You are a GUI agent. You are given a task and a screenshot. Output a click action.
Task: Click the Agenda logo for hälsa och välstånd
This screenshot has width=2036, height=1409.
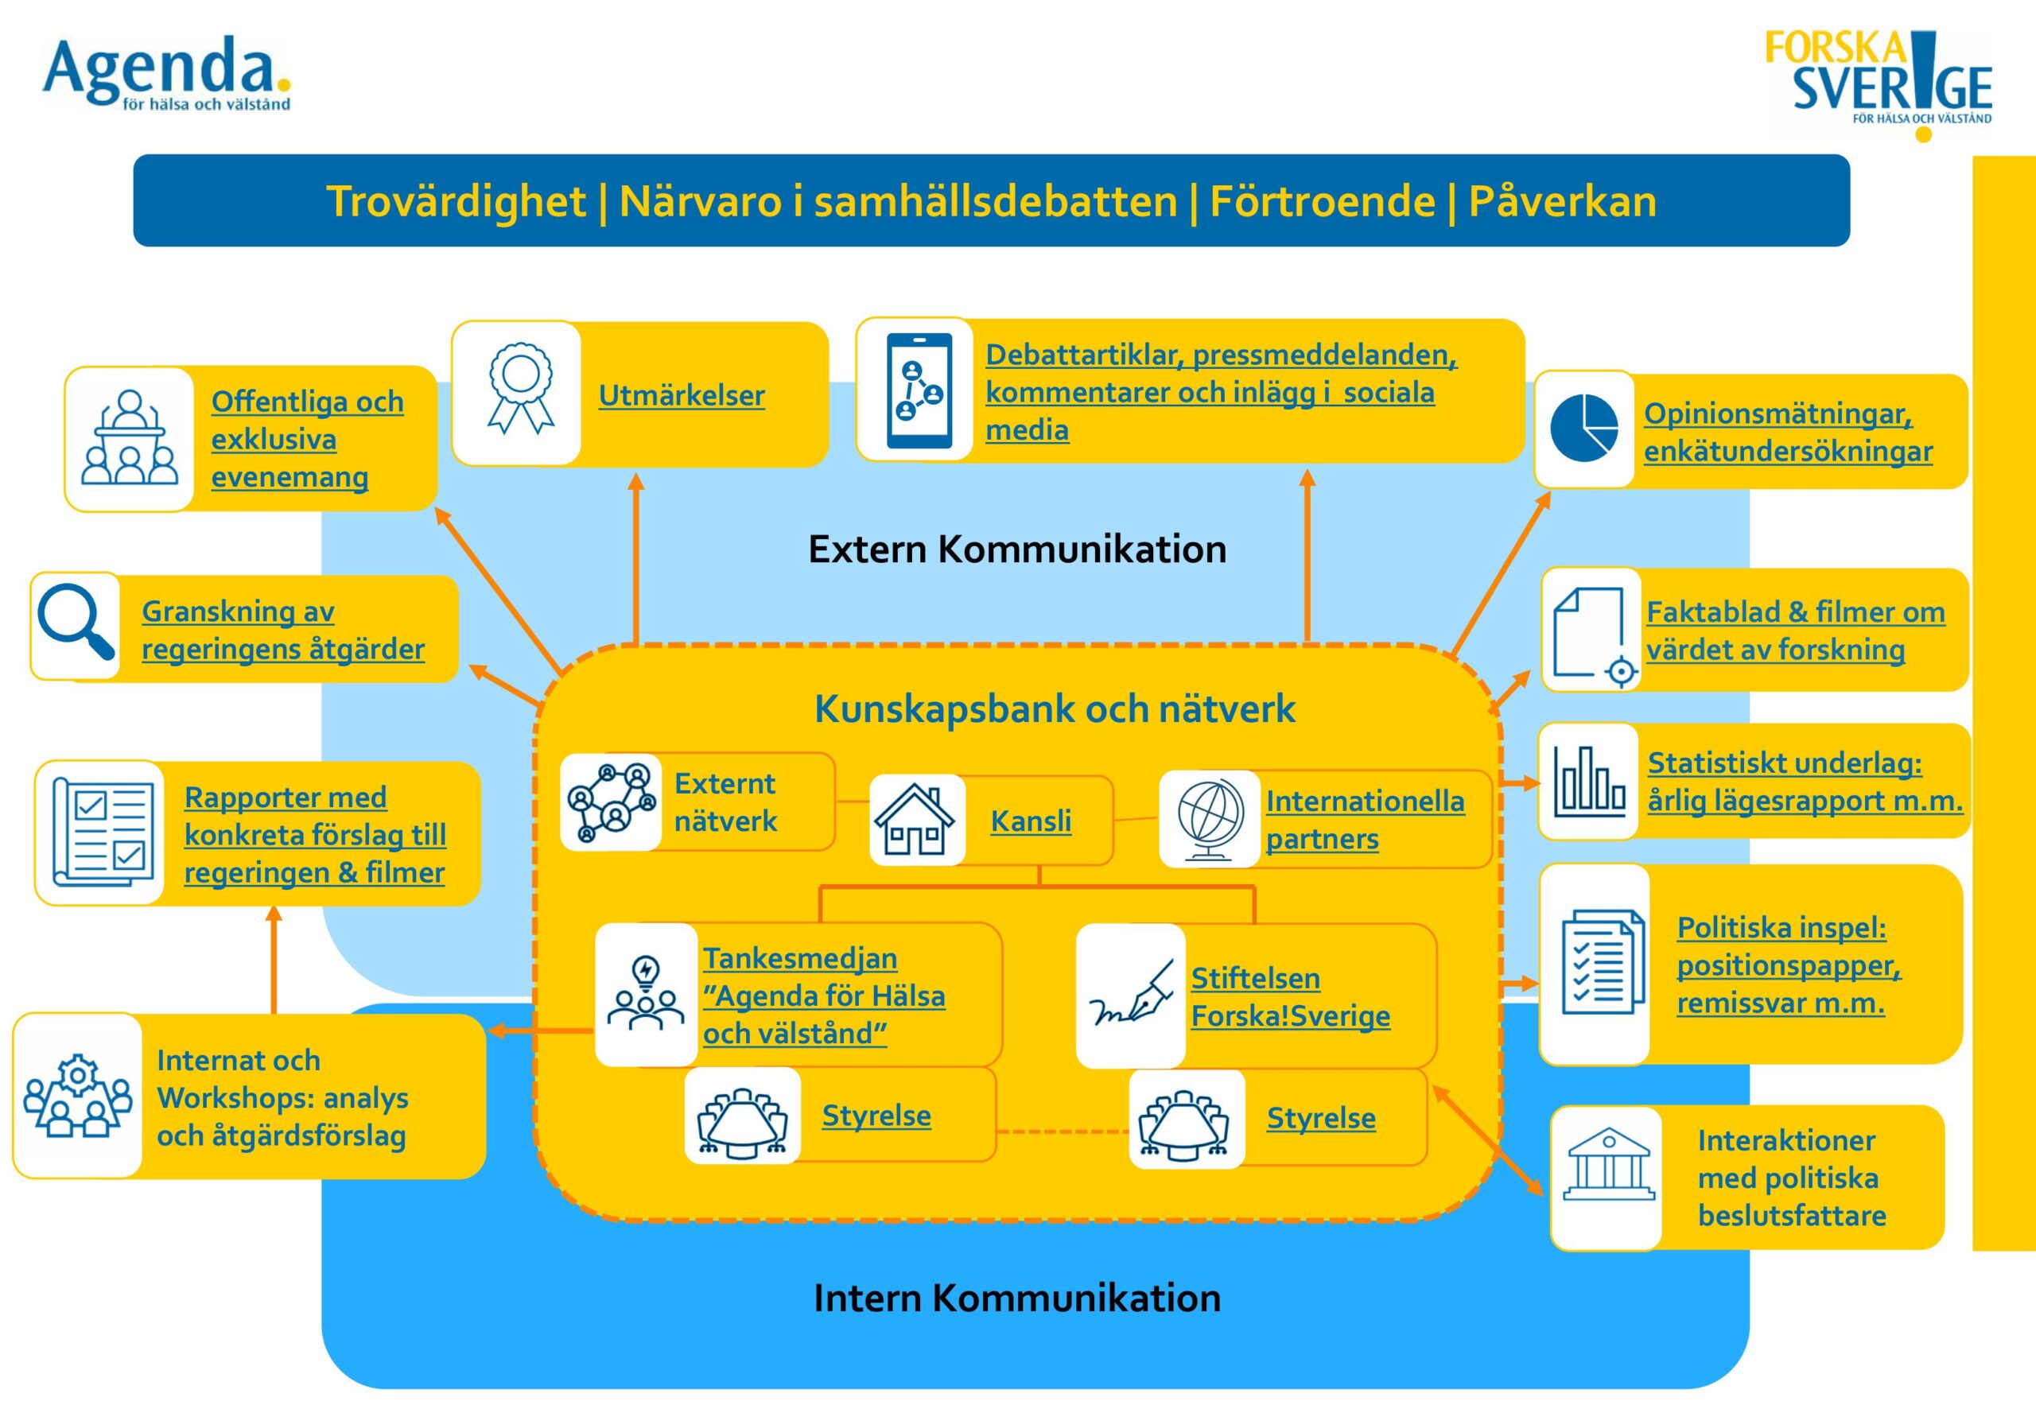(167, 74)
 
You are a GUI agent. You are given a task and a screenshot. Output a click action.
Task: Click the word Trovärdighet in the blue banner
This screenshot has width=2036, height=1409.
(456, 201)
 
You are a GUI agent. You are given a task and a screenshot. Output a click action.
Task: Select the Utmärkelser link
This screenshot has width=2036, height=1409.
(682, 394)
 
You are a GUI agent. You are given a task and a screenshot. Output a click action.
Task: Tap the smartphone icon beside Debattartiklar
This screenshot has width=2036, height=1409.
(919, 390)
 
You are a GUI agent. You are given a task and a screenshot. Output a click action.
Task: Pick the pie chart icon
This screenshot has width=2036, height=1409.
(1584, 428)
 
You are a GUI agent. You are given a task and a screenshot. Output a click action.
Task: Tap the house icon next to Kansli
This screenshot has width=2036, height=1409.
(915, 819)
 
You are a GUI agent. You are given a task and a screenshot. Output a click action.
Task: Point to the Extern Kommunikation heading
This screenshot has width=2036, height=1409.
(1017, 549)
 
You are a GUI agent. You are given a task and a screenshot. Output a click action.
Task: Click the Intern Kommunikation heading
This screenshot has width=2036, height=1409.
(1017, 1298)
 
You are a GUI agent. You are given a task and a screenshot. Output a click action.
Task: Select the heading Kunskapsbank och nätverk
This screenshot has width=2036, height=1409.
(1055, 708)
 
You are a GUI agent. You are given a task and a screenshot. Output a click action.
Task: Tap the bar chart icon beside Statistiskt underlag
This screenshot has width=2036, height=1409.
(1589, 780)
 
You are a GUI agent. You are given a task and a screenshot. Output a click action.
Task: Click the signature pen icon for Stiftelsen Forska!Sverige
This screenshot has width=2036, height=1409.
(1131, 993)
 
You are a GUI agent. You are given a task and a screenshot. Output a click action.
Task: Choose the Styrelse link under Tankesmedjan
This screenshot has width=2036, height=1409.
(876, 1115)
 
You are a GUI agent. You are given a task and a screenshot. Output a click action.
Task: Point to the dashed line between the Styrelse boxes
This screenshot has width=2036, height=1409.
(1063, 1131)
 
